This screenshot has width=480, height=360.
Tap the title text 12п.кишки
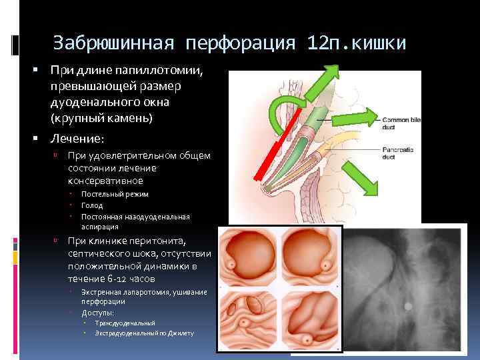[356, 43]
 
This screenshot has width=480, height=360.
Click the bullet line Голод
[92, 205]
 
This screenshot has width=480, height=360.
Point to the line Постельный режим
[115, 194]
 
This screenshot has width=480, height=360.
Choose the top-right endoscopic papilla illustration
[308, 257]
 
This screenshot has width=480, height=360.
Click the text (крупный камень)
[101, 118]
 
